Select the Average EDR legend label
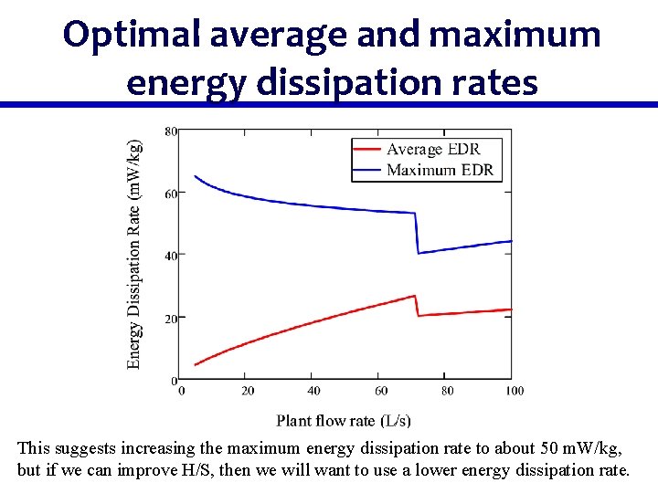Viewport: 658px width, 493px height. pyautogui.click(x=432, y=149)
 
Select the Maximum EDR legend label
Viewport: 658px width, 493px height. pyautogui.click(x=439, y=169)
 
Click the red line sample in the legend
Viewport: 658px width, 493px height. pyautogui.click(x=366, y=149)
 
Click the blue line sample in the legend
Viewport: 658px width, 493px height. pyautogui.click(x=366, y=169)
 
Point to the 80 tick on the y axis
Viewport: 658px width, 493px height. pyautogui.click(x=171, y=131)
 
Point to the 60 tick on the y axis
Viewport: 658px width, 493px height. pyautogui.click(x=171, y=194)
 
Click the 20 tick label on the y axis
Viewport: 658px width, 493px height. pyautogui.click(x=171, y=318)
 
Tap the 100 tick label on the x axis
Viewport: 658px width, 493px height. pyautogui.click(x=514, y=391)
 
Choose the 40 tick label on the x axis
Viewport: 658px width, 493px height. pyautogui.click(x=313, y=391)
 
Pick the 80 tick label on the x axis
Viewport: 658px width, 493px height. pyautogui.click(x=447, y=391)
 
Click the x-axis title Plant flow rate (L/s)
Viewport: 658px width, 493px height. pyautogui.click(x=344, y=420)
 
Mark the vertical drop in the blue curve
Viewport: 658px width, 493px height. pyautogui.click(x=417, y=233)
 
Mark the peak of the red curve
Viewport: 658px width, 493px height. pyautogui.click(x=415, y=296)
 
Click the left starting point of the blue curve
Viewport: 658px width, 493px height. pyautogui.click(x=196, y=176)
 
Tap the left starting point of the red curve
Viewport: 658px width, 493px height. pyautogui.click(x=196, y=365)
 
